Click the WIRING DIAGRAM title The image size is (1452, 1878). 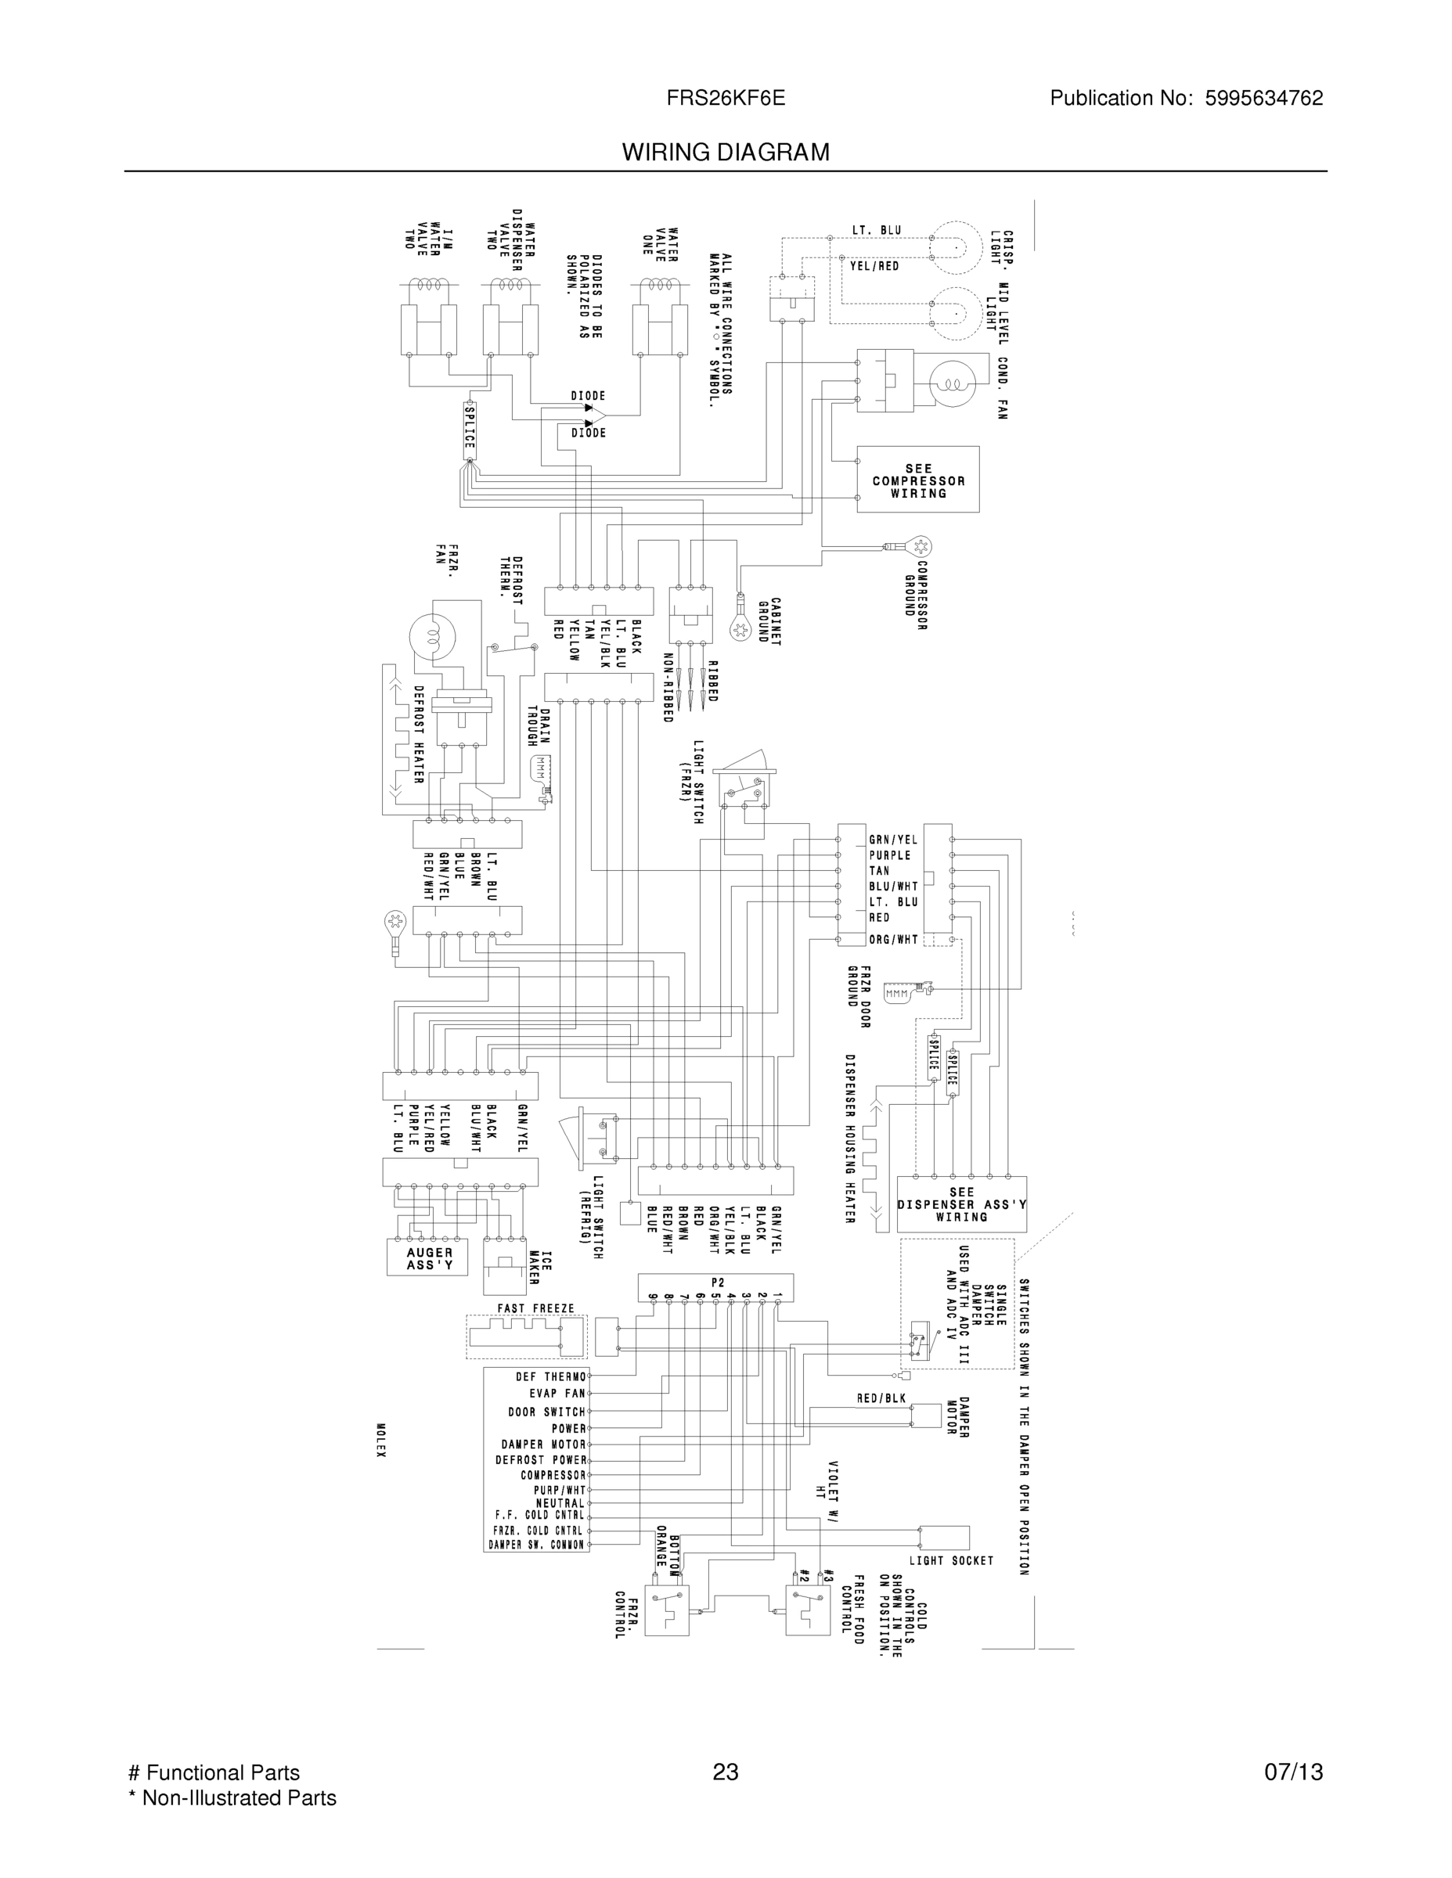(725, 153)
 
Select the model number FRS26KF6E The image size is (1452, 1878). (725, 98)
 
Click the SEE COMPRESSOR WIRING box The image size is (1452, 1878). (918, 480)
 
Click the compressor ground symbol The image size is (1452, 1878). (921, 546)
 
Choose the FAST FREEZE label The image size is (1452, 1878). (535, 1309)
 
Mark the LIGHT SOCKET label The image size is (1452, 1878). (951, 1561)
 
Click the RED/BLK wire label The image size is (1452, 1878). (881, 1399)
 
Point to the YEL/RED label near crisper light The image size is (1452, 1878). (874, 267)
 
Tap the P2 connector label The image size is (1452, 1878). (718, 1282)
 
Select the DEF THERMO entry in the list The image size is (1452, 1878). (550, 1376)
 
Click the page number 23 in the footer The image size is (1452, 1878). (725, 1772)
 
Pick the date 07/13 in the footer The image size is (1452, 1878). (1293, 1772)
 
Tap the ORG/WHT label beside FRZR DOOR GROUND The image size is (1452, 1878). (893, 940)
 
